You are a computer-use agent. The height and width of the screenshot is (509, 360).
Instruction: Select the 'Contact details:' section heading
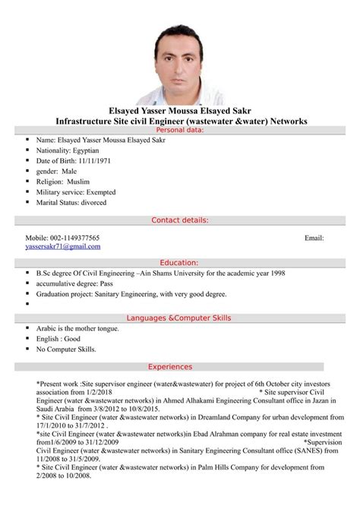coord(180,220)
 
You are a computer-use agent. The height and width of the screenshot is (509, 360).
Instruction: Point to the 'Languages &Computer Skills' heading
coord(180,317)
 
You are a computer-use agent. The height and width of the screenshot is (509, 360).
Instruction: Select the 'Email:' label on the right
coord(314,238)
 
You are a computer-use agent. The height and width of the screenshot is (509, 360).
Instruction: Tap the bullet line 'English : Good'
coord(58,338)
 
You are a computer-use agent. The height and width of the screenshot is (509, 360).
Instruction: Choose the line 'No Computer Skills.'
coord(67,349)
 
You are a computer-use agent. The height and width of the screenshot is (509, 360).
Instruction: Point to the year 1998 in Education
coord(278,270)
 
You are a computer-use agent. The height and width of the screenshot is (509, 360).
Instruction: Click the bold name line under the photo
coord(180,110)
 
